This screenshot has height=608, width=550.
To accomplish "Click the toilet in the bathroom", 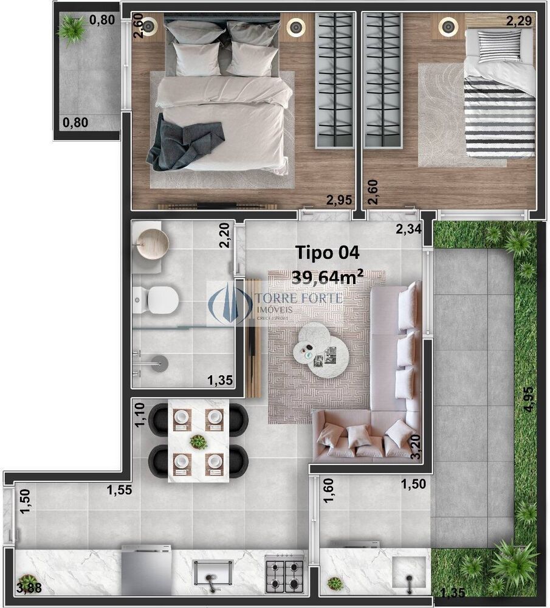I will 159,299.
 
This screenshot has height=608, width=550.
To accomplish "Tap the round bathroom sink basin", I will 152,245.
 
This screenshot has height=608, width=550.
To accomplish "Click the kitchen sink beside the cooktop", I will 213,573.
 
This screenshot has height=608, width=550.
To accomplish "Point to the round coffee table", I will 320,350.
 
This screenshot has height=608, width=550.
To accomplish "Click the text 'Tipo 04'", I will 327,252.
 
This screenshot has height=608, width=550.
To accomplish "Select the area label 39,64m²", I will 328,277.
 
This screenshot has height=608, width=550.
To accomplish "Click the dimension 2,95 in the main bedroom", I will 339,199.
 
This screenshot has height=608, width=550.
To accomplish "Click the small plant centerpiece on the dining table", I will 198,441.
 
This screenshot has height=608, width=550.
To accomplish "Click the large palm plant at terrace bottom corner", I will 514,562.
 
